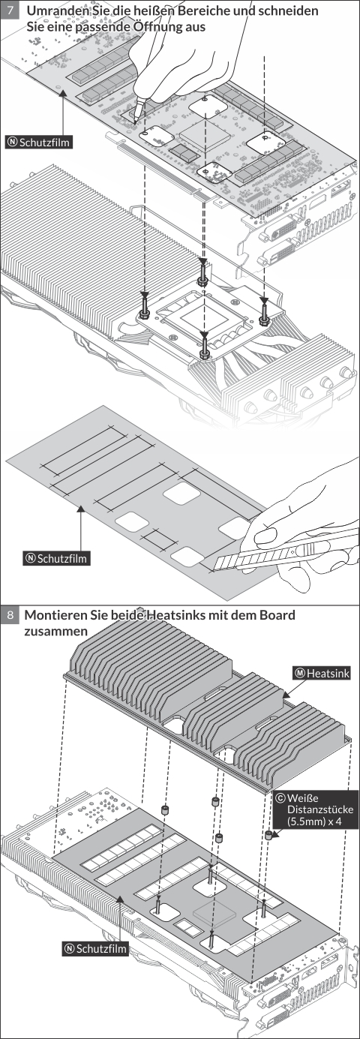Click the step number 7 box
10,10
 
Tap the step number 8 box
10,615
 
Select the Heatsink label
322,673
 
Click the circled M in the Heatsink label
300,673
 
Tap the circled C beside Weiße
280,797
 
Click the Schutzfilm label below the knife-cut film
56,558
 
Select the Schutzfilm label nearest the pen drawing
38,142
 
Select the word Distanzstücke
320,810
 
